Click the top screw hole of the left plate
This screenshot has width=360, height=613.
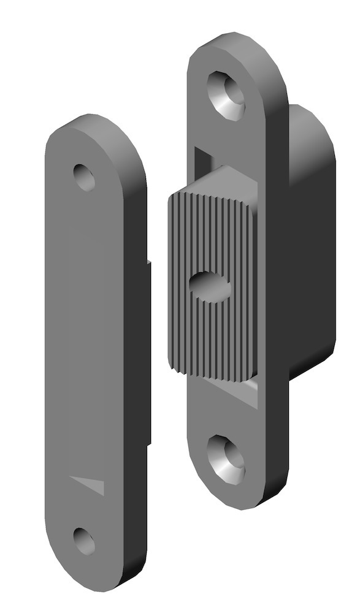point(85,177)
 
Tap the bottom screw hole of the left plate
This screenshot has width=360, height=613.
point(84,541)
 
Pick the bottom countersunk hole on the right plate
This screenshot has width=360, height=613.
point(226,458)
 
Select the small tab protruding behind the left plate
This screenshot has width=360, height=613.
point(149,349)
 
